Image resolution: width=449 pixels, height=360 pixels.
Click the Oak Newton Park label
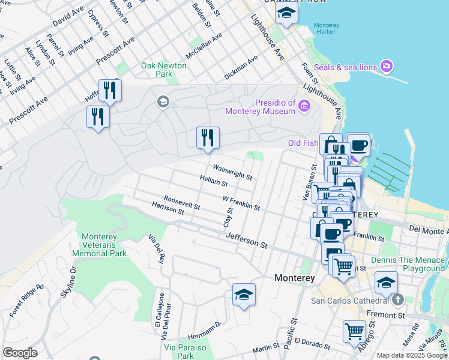157,70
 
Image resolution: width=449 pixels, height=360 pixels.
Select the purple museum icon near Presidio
304,107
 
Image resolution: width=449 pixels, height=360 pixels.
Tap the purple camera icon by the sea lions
387,66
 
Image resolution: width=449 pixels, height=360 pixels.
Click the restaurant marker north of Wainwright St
208,138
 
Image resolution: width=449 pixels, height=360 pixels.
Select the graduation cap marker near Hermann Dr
244,295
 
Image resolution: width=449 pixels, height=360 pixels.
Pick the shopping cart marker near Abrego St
354,331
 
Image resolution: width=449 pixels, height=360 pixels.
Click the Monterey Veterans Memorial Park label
100,245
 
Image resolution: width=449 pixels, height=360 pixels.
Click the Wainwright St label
231,173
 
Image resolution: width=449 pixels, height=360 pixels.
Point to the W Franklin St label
241,203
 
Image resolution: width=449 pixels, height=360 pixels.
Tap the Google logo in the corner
20,353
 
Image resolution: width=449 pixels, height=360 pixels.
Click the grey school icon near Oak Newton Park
163,102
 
